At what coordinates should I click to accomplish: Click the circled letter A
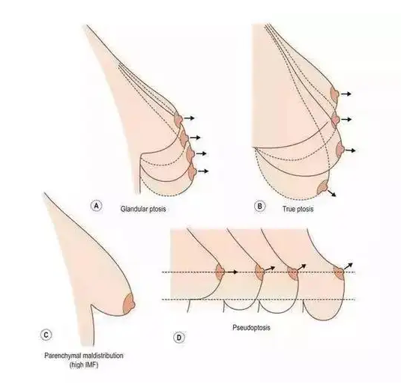pyautogui.click(x=96, y=206)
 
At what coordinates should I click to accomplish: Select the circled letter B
pyautogui.click(x=259, y=206)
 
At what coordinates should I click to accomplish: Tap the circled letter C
pyautogui.click(x=46, y=335)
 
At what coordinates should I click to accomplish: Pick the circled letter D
pyautogui.click(x=178, y=338)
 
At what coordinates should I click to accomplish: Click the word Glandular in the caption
pyautogui.click(x=133, y=209)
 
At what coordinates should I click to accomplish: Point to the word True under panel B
pyautogui.click(x=289, y=209)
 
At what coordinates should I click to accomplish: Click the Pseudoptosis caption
pyautogui.click(x=251, y=327)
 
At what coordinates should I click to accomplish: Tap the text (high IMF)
pyautogui.click(x=84, y=365)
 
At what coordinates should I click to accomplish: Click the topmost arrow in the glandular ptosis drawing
pyautogui.click(x=190, y=118)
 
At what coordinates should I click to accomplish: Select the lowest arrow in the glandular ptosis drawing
pyautogui.click(x=204, y=171)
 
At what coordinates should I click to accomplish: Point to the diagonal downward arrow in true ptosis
pyautogui.click(x=332, y=193)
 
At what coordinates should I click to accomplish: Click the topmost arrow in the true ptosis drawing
pyautogui.click(x=346, y=94)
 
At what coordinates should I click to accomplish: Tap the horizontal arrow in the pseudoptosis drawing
pyautogui.click(x=232, y=272)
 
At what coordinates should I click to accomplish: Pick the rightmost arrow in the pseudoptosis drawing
pyautogui.click(x=349, y=266)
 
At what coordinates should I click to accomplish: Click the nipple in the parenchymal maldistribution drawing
pyautogui.click(x=130, y=304)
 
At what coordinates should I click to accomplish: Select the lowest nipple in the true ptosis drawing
pyautogui.click(x=323, y=188)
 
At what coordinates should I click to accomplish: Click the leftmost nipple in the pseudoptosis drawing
pyautogui.click(x=220, y=272)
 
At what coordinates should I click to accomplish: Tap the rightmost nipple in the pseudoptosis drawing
pyautogui.click(x=340, y=273)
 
